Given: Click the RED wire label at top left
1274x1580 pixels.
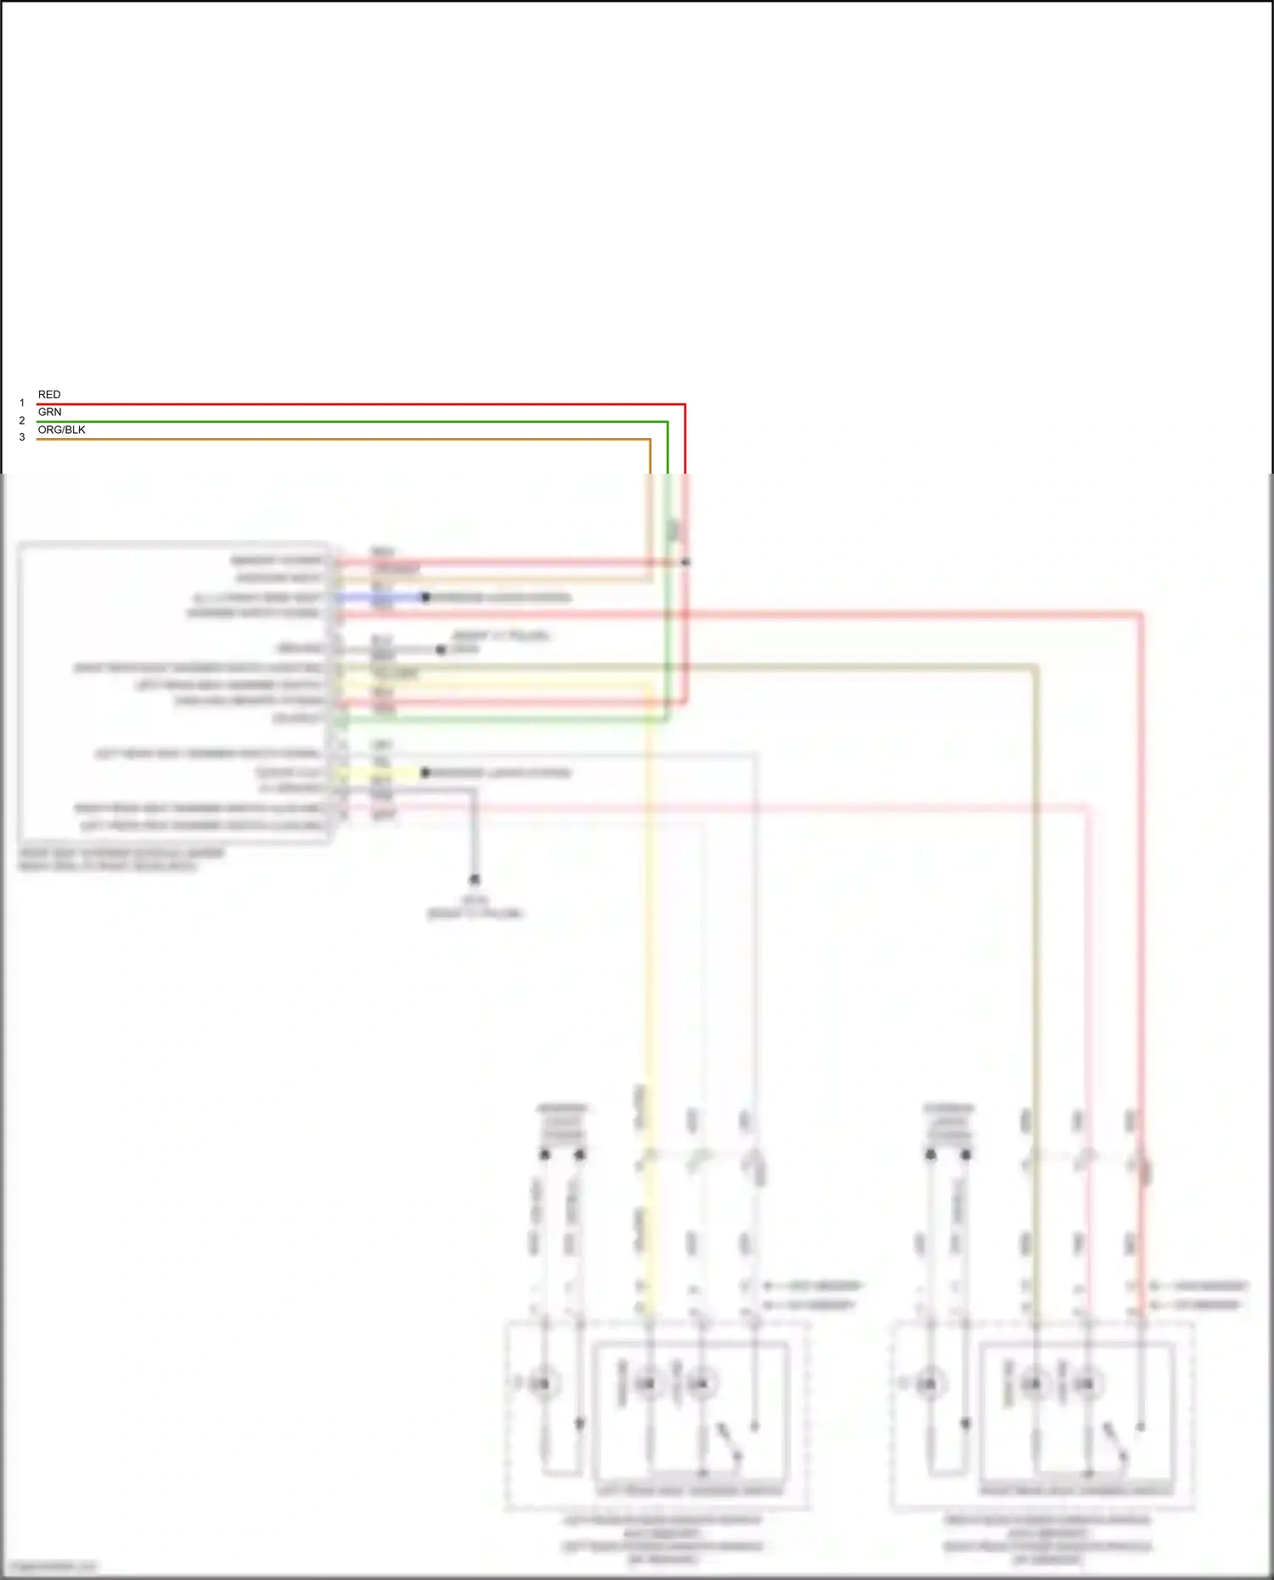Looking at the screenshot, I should click(x=49, y=395).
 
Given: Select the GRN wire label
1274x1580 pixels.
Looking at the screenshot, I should click(x=49, y=412).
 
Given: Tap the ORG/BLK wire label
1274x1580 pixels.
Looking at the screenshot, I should click(x=61, y=430).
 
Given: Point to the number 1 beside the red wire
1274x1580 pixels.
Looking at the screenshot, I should click(x=22, y=403).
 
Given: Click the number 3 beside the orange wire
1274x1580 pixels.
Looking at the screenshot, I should click(x=22, y=437).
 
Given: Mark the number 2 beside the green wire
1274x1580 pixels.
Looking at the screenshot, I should click(x=22, y=420).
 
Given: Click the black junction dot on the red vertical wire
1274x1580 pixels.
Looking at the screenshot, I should click(x=685, y=562).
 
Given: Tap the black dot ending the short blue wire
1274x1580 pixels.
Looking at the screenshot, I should click(x=426, y=598).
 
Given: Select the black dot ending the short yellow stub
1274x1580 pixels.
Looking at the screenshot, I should click(x=426, y=773).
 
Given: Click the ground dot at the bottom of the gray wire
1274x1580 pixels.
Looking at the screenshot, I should click(x=475, y=880).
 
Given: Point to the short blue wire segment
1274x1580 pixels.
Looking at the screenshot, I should click(x=382, y=598).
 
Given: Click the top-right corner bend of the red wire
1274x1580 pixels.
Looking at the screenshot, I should click(x=685, y=405).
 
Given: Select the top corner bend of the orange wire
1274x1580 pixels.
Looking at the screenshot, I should click(x=650, y=440).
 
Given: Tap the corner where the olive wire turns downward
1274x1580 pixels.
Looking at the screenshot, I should click(x=1035, y=668).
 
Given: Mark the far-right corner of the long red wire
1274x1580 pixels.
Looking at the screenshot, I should click(x=1142, y=614).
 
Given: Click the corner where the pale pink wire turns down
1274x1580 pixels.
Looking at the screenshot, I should click(x=1087, y=807).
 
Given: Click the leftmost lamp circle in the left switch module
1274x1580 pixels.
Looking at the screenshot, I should click(x=541, y=1385).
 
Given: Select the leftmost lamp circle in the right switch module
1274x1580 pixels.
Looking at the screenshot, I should click(x=928, y=1385).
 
